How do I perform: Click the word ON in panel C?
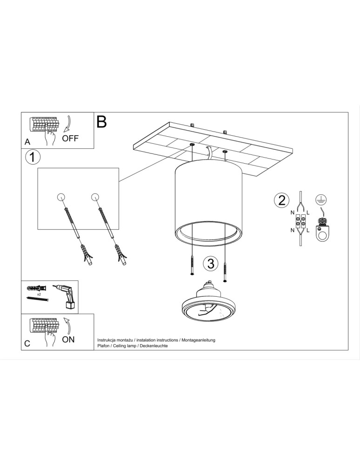[68, 339]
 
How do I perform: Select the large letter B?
[102, 122]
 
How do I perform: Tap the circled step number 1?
[32, 157]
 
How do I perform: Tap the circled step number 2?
[280, 200]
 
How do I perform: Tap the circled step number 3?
[210, 264]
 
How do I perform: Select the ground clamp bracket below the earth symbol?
[320, 230]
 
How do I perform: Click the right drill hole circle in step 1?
[96, 196]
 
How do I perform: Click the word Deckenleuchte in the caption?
[153, 346]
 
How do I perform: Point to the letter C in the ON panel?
[27, 344]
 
